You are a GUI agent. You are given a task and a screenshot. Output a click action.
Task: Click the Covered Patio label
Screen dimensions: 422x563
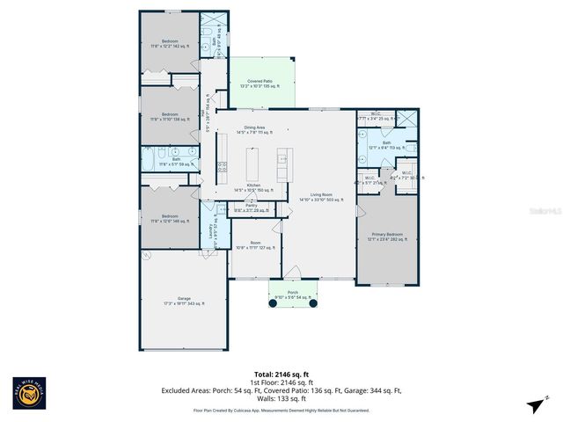(x=262, y=83)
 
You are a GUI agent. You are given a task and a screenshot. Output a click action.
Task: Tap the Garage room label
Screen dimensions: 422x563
(x=185, y=301)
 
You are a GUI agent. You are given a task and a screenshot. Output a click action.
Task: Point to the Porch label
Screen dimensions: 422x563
(x=292, y=295)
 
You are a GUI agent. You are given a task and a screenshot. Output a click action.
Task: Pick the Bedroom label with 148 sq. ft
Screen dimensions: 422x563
(x=170, y=219)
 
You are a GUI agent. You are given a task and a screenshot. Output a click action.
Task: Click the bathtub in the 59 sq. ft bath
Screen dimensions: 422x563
(x=152, y=159)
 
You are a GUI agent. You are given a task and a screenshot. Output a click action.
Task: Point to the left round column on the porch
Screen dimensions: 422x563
(x=272, y=304)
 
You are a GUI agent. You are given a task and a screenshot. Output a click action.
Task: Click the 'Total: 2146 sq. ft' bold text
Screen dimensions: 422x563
(x=281, y=373)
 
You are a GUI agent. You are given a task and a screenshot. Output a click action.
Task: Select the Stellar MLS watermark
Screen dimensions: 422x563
(x=545, y=212)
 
